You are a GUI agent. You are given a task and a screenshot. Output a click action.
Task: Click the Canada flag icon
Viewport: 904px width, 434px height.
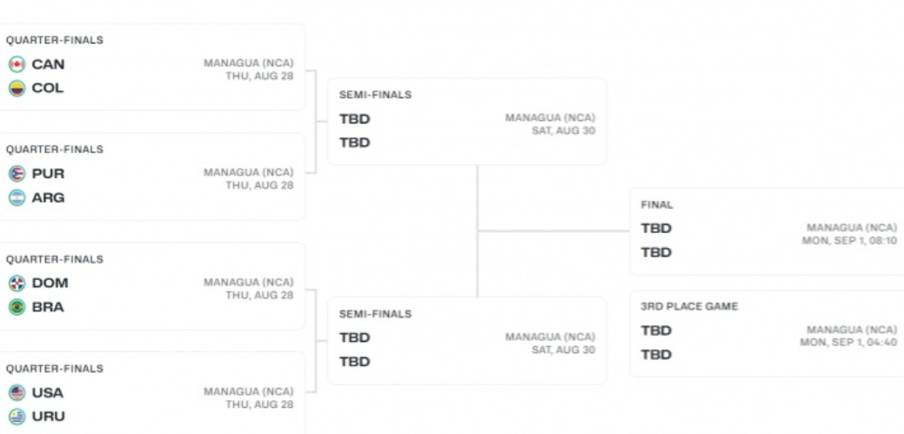tap(16, 64)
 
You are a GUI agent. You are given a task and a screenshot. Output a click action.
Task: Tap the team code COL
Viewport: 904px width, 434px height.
tap(47, 88)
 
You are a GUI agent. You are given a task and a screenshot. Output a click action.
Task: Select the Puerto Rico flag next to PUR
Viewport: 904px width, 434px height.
tap(16, 173)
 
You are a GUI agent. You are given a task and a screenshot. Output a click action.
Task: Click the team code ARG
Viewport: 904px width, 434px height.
tap(48, 197)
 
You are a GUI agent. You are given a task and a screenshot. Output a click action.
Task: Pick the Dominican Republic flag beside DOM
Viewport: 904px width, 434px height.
tap(16, 283)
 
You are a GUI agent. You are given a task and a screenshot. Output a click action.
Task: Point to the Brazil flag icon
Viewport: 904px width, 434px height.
tap(16, 307)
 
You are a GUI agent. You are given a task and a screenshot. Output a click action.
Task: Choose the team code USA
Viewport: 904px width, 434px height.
tap(47, 392)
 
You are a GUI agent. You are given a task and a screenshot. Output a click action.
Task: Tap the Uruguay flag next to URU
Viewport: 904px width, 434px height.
tap(16, 417)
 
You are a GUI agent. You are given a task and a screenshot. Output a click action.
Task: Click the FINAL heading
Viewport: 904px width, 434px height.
tap(657, 205)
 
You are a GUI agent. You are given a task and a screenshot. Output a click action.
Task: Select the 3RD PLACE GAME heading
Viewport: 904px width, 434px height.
tap(689, 307)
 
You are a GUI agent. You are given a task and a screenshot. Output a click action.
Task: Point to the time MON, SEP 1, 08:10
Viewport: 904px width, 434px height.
tap(848, 241)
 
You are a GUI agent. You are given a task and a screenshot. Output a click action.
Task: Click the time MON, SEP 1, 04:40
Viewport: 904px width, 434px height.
tap(848, 343)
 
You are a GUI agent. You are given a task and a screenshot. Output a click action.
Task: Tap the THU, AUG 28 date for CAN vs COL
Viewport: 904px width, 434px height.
tap(259, 77)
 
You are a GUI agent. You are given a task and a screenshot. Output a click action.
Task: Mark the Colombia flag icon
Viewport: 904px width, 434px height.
tap(16, 88)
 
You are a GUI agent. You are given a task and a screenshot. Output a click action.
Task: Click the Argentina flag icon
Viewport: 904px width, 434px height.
tap(16, 197)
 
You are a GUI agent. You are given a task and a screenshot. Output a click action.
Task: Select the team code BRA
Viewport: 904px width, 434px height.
tap(47, 307)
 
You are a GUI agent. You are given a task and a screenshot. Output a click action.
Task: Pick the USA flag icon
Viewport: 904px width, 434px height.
tap(16, 392)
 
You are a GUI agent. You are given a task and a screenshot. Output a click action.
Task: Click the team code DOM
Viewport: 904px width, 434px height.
tap(50, 283)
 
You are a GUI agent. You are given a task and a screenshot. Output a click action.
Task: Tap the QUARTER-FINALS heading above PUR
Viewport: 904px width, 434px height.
tap(55, 150)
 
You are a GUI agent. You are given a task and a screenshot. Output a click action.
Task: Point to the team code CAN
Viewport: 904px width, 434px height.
tap(48, 64)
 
